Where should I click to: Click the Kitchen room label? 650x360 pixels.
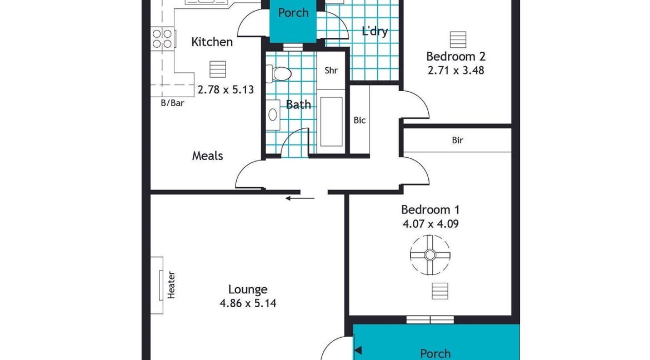pyautogui.click(x=212, y=42)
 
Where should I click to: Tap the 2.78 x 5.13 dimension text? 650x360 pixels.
pyautogui.click(x=226, y=89)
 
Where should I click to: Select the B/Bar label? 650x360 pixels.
pyautogui.click(x=172, y=103)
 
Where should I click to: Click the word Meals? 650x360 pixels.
pyautogui.click(x=208, y=156)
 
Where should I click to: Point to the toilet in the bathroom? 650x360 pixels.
pyautogui.click(x=279, y=73)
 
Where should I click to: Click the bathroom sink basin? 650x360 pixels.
pyautogui.click(x=273, y=114)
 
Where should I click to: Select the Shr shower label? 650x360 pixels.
pyautogui.click(x=331, y=71)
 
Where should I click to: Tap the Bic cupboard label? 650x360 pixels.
pyautogui.click(x=359, y=120)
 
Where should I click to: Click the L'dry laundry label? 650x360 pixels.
pyautogui.click(x=374, y=31)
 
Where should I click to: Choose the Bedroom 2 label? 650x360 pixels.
pyautogui.click(x=456, y=56)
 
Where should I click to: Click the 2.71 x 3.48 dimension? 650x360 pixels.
pyautogui.click(x=456, y=71)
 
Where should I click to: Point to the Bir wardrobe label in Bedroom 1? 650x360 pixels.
pyautogui.click(x=457, y=141)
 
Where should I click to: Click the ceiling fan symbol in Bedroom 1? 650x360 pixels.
pyautogui.click(x=430, y=255)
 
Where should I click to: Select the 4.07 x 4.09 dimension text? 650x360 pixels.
pyautogui.click(x=430, y=224)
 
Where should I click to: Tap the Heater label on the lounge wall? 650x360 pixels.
pyautogui.click(x=171, y=285)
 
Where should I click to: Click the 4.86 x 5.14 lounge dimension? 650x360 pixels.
pyautogui.click(x=248, y=303)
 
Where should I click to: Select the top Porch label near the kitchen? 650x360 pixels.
pyautogui.click(x=293, y=13)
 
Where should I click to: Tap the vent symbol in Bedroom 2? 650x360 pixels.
pyautogui.click(x=458, y=39)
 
